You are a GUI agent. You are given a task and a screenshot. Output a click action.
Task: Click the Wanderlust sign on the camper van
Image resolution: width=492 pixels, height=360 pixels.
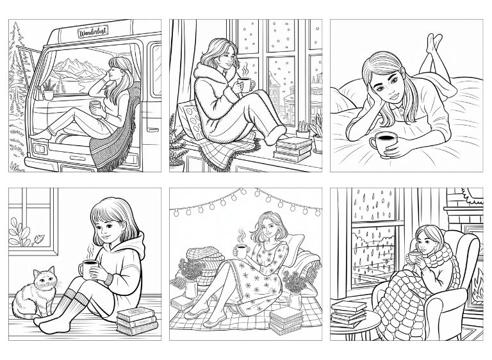[x=93, y=31]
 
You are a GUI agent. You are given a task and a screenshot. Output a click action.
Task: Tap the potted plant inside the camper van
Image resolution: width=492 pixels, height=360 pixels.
[x=49, y=90]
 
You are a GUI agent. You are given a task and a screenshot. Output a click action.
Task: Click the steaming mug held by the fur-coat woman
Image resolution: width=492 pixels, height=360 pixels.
[x=245, y=85]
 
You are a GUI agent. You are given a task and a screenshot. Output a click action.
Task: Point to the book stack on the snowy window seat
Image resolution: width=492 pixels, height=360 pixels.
[x=292, y=149]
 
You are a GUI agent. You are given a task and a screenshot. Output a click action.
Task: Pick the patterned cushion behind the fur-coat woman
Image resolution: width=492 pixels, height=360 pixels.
[x=190, y=121]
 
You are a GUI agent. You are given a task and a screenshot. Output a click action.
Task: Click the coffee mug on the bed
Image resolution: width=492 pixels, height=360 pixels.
[x=383, y=142]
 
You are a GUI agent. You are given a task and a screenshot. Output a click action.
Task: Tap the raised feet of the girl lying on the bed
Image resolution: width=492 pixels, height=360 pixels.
[x=434, y=42]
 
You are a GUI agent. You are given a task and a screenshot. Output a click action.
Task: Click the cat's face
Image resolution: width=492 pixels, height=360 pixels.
[x=45, y=279]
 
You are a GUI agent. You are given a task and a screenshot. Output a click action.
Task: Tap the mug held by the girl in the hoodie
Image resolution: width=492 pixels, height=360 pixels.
[x=90, y=269]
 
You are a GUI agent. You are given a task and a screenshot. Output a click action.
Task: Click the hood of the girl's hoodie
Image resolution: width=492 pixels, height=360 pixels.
[x=135, y=245]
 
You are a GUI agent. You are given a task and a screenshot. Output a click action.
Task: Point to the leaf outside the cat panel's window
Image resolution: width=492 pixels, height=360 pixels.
[x=38, y=240]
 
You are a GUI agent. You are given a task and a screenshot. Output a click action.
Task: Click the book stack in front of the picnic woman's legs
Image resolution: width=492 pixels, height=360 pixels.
[x=286, y=320]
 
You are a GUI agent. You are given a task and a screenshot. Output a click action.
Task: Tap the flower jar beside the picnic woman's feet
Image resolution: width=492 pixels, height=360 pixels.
[x=192, y=289]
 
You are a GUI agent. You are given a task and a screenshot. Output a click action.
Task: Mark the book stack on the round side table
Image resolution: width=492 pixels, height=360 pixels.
[x=349, y=313]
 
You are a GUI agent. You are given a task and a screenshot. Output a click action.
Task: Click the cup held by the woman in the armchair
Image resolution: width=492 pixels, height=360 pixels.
[x=415, y=258]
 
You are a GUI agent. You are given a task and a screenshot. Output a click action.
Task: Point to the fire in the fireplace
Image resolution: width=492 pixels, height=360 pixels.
[x=478, y=287]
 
